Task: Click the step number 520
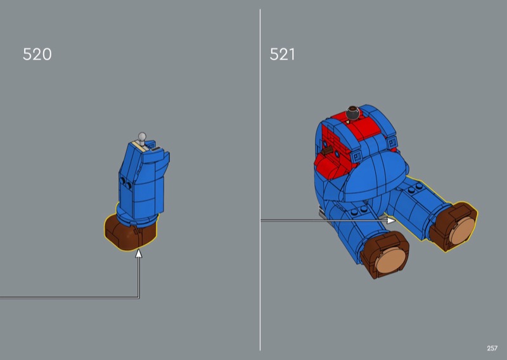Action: (37, 54)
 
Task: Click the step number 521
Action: (282, 54)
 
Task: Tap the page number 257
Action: (492, 348)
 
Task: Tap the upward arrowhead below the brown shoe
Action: (139, 254)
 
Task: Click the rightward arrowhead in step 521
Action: (391, 221)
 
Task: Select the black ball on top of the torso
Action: (352, 113)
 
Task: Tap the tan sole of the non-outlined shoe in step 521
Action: (390, 262)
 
